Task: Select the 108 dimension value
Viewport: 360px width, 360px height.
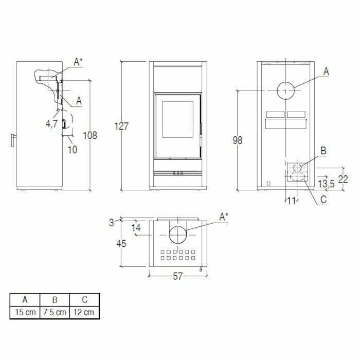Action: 90,135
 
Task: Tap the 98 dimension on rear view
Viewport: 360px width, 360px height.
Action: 237,140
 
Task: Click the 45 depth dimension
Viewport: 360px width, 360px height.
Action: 121,244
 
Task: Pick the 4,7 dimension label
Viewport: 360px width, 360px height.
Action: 51,123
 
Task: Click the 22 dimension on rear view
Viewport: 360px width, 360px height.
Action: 343,178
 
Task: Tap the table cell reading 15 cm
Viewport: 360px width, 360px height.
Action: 24,312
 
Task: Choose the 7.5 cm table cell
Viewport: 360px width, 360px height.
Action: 54,312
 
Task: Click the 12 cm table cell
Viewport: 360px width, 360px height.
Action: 84,312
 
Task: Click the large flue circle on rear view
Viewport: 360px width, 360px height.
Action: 286,91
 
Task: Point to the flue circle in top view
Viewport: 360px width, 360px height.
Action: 178,235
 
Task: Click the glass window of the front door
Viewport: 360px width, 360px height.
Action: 178,119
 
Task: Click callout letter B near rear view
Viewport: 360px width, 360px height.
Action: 323,151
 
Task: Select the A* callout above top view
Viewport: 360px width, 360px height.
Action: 224,217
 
